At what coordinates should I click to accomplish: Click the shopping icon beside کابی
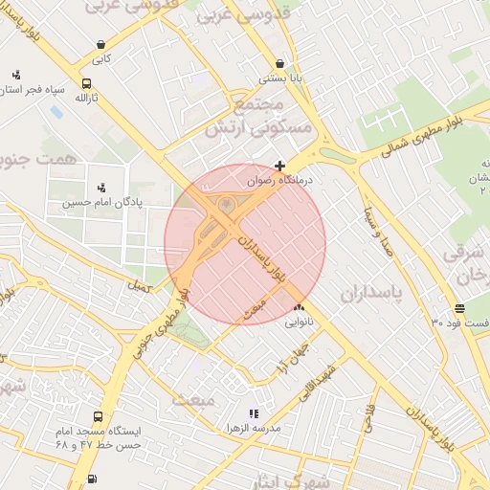point(101,44)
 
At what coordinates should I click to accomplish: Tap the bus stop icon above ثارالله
point(87,83)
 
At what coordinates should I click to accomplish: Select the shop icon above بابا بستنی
point(279,63)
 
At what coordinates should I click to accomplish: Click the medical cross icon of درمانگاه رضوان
point(279,166)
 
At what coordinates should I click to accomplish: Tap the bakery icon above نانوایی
point(299,308)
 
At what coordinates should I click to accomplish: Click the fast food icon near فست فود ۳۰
point(460,308)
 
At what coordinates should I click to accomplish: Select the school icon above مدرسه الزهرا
point(253,413)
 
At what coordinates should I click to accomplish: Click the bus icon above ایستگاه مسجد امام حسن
point(98,417)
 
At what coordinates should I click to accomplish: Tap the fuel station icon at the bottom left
point(91,479)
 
